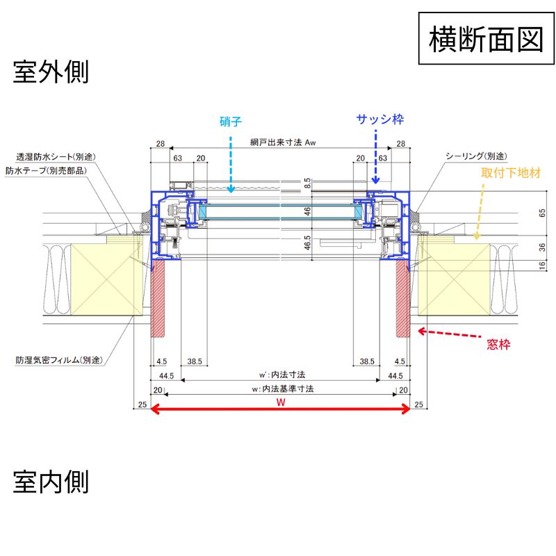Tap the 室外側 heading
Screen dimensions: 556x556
click(51, 72)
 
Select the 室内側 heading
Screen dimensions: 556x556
click(51, 481)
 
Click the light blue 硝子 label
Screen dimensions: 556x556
click(230, 121)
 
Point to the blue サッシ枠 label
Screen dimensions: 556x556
click(380, 120)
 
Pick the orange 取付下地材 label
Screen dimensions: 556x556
click(511, 171)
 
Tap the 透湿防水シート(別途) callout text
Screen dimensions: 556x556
click(55, 157)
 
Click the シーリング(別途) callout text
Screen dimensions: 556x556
click(476, 156)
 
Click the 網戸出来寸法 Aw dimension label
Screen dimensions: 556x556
click(284, 143)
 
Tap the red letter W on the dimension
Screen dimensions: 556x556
click(280, 402)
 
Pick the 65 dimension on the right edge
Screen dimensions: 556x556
click(542, 214)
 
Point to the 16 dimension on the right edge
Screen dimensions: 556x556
click(542, 265)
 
